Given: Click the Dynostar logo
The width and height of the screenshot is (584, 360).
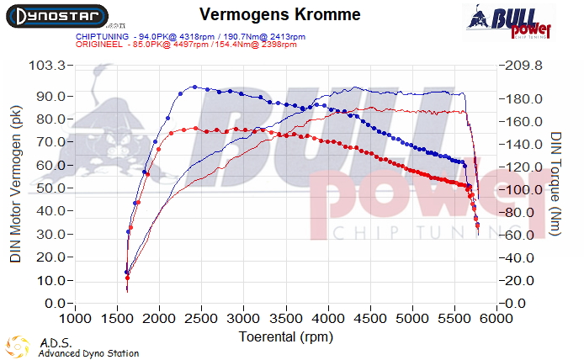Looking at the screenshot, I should (x=55, y=16).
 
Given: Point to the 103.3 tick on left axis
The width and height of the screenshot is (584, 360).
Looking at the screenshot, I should (x=47, y=66).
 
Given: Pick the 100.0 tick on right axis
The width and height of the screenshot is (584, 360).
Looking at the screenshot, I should (x=523, y=190).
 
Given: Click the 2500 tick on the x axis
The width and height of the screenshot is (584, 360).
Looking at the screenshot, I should (x=202, y=320).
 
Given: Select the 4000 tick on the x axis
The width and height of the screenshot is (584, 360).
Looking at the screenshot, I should (x=328, y=320).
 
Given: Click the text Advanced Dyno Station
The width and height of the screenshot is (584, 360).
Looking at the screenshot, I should (x=88, y=354).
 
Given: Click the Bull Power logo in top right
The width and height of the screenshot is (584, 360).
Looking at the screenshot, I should (x=509, y=21).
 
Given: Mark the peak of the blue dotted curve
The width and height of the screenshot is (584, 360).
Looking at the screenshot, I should (x=194, y=87).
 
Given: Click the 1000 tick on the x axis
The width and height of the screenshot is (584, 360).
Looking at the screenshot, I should (x=76, y=320).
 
